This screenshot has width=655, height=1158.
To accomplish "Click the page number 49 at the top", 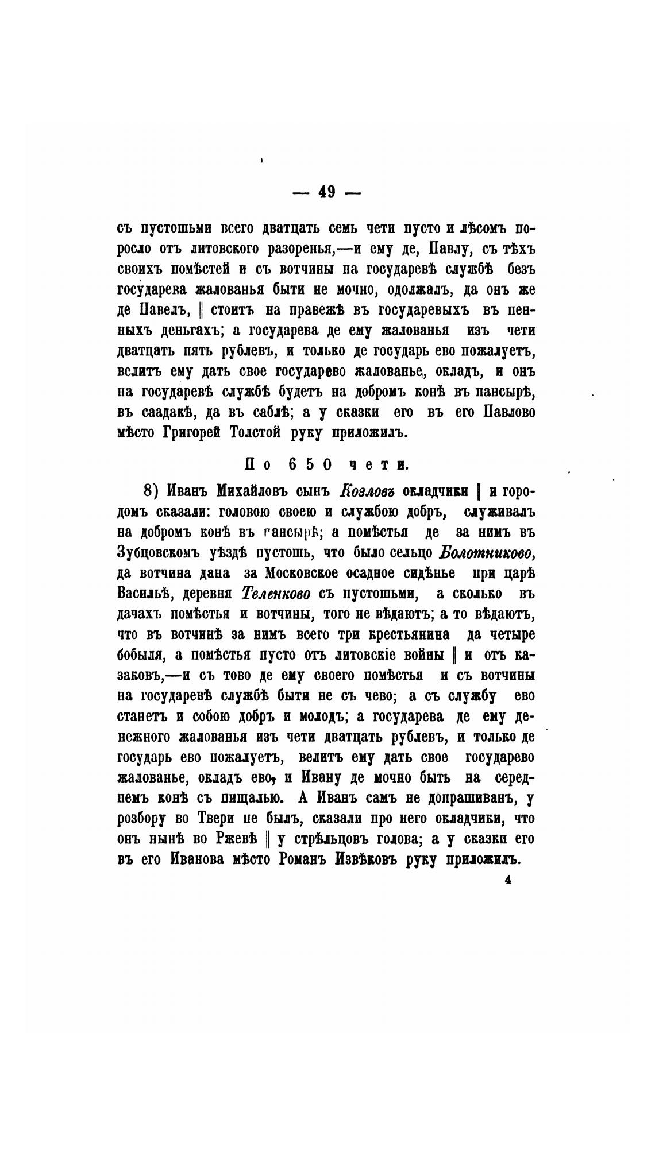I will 326,192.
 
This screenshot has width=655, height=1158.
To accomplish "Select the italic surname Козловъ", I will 367,491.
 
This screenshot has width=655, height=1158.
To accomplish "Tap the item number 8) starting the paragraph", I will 150,491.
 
